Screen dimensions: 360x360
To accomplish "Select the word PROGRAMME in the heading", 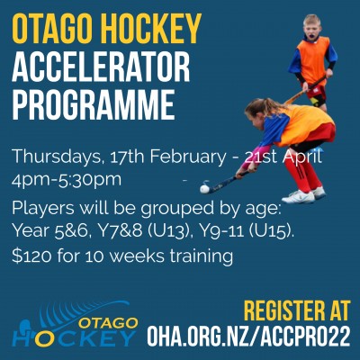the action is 94,104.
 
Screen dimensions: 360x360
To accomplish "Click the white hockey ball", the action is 204,189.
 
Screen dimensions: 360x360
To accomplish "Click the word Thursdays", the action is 57,157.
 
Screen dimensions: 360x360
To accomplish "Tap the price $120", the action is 31,256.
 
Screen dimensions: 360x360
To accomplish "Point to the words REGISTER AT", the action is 297,310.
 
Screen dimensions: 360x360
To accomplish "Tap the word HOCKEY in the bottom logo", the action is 74,337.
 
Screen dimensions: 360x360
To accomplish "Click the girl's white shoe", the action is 298,197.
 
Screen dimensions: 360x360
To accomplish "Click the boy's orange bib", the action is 313,62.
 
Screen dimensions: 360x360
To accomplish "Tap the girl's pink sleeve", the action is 247,158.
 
